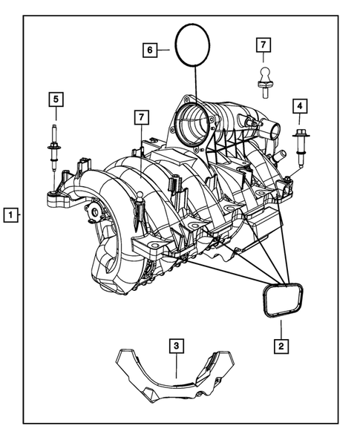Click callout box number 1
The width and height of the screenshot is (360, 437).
11,215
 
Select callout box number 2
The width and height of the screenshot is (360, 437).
281,345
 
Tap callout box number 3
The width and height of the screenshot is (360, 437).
175,345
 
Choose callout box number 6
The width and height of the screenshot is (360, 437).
151,50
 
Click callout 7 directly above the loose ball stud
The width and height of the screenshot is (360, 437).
262,45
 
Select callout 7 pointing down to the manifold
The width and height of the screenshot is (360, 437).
139,117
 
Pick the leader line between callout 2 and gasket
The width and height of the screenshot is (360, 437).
281,327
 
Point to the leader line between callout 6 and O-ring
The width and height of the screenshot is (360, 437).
164,50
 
